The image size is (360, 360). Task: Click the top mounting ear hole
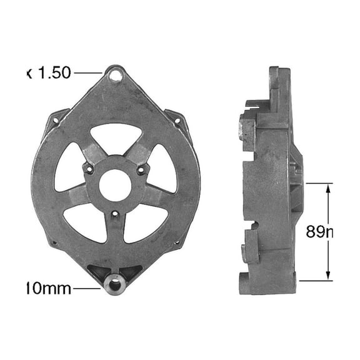[x=115, y=76]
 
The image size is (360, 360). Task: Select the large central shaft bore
[x=115, y=182]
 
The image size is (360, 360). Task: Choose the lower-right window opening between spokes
[x=145, y=223]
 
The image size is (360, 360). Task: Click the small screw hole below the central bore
[x=115, y=215]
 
